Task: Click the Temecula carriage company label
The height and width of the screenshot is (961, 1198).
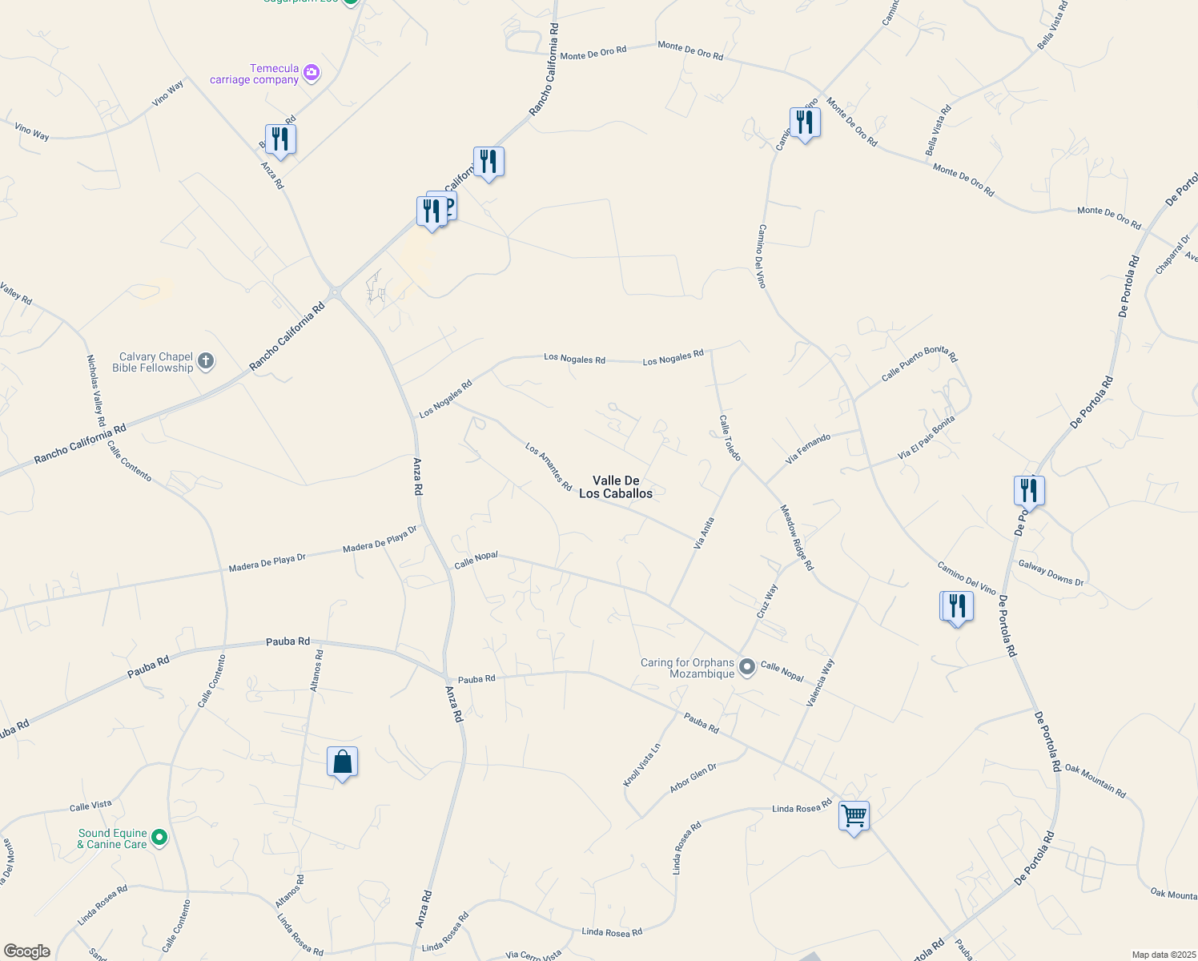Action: [x=254, y=74]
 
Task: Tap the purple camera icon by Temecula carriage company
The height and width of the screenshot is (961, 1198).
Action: [x=312, y=74]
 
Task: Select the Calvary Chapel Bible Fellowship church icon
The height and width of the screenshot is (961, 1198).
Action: [x=206, y=361]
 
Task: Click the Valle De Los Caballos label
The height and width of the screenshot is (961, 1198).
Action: [x=616, y=487]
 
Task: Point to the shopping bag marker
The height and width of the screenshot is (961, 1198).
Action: [x=342, y=762]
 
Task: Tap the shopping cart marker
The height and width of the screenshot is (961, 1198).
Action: [x=854, y=817]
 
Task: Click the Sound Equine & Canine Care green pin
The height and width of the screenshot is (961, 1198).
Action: [x=159, y=838]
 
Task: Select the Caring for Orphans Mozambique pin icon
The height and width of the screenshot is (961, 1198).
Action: [x=746, y=666]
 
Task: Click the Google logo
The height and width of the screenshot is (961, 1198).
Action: [x=26, y=951]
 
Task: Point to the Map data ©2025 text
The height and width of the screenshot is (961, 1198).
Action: [x=1163, y=955]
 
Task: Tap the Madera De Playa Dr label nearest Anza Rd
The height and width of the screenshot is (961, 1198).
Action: [x=380, y=539]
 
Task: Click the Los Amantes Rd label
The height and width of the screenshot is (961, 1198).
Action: [x=549, y=467]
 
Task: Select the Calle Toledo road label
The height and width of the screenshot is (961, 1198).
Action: [x=730, y=437]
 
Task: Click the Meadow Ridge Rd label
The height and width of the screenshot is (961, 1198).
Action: [x=797, y=537]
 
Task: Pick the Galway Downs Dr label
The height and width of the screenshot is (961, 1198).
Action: [x=1051, y=573]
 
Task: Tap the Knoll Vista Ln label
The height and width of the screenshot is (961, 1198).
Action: [x=642, y=765]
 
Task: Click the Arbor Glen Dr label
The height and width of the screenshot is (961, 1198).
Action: [x=693, y=778]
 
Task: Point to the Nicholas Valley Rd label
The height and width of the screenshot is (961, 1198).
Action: [x=95, y=391]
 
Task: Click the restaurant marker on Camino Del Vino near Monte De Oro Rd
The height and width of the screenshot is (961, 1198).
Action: [x=805, y=123]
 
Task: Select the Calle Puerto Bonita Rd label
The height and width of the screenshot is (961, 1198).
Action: [x=919, y=364]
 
